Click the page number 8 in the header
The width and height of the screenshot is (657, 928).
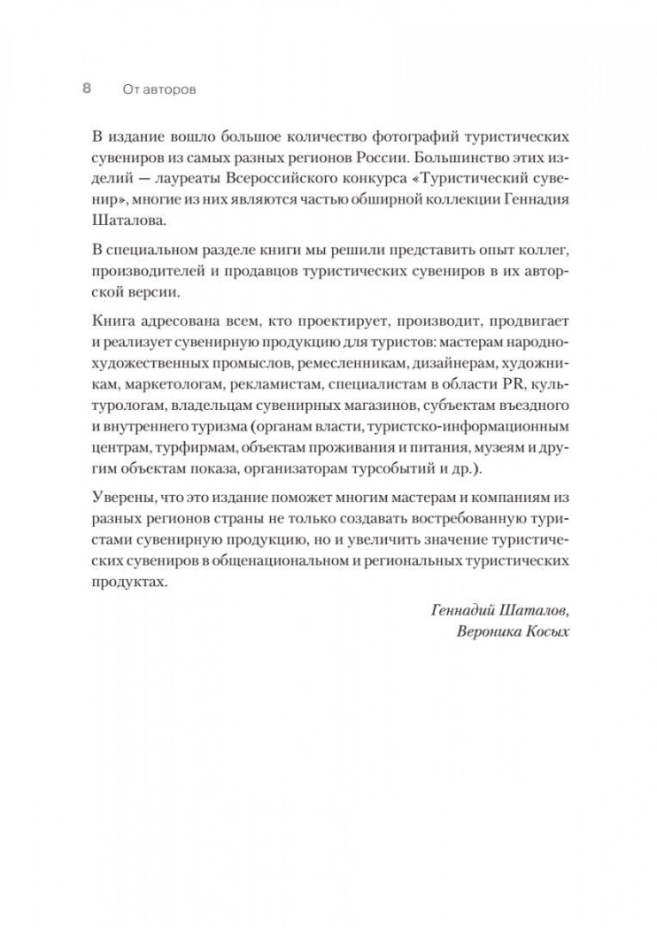(x=86, y=89)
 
